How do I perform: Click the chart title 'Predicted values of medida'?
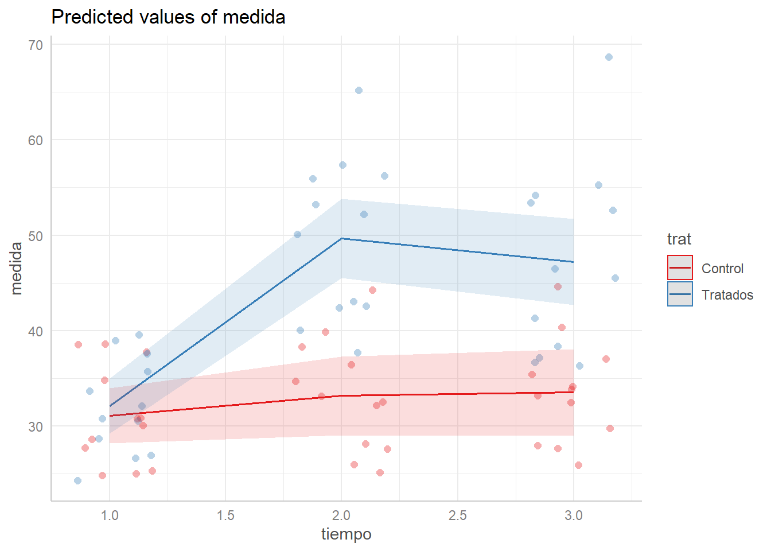[168, 17]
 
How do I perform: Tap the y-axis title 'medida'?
[16, 268]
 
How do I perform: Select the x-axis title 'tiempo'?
[346, 534]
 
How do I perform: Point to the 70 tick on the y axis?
[36, 45]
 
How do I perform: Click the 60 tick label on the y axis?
[36, 140]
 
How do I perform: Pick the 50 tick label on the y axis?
[36, 235]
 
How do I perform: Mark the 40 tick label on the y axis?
[36, 331]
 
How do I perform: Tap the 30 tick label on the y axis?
[36, 426]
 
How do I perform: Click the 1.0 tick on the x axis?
[110, 515]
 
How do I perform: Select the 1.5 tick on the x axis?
[225, 515]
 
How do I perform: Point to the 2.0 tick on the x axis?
[341, 515]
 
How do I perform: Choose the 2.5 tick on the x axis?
[458, 515]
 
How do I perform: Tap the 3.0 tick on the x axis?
[574, 515]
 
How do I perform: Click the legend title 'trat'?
[679, 239]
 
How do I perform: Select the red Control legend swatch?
[680, 268]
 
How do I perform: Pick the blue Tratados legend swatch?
[680, 294]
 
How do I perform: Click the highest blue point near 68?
[609, 57]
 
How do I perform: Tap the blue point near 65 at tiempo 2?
[359, 90]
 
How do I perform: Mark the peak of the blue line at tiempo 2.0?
[341, 238]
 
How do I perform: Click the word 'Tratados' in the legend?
[727, 295]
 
